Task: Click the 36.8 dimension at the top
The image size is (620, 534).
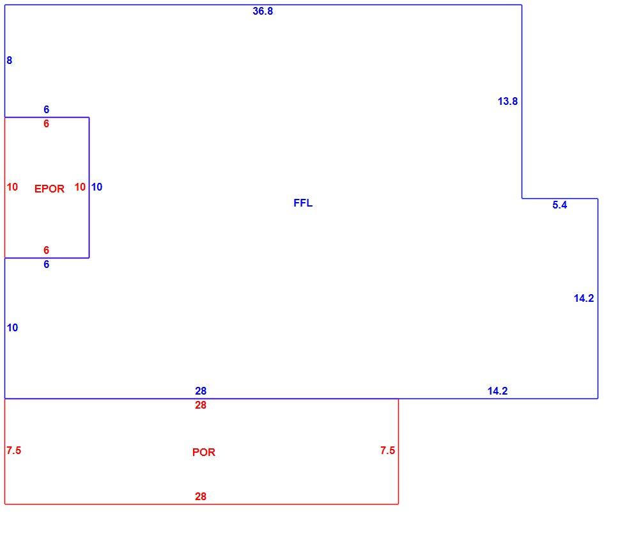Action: [x=263, y=11]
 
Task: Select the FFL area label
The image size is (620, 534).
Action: [x=303, y=203]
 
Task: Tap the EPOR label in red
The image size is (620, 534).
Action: [x=49, y=189]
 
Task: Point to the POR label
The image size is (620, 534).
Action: [x=204, y=452]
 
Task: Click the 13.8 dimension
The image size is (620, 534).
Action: [x=508, y=101]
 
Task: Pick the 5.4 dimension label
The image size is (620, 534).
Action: [x=559, y=205]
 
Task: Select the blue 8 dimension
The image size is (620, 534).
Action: [x=10, y=60]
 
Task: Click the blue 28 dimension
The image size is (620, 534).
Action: [x=201, y=391]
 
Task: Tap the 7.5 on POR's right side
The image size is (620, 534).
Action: [x=387, y=450]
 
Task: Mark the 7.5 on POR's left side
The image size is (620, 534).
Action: [x=14, y=450]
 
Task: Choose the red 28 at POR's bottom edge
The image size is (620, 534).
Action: [x=201, y=496]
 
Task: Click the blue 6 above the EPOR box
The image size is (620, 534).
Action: [x=46, y=109]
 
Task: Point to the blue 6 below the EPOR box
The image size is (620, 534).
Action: [x=46, y=264]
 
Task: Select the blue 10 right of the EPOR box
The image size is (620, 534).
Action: [x=97, y=187]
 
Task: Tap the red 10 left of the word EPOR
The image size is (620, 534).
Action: [x=12, y=187]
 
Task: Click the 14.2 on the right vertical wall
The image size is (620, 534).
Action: [x=584, y=298]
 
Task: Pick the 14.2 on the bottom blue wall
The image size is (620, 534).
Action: [x=497, y=391]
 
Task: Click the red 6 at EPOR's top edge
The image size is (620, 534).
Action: [x=46, y=123]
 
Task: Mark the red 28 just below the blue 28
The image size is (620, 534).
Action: [x=201, y=405]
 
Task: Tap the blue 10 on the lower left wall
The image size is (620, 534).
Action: [x=12, y=327]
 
